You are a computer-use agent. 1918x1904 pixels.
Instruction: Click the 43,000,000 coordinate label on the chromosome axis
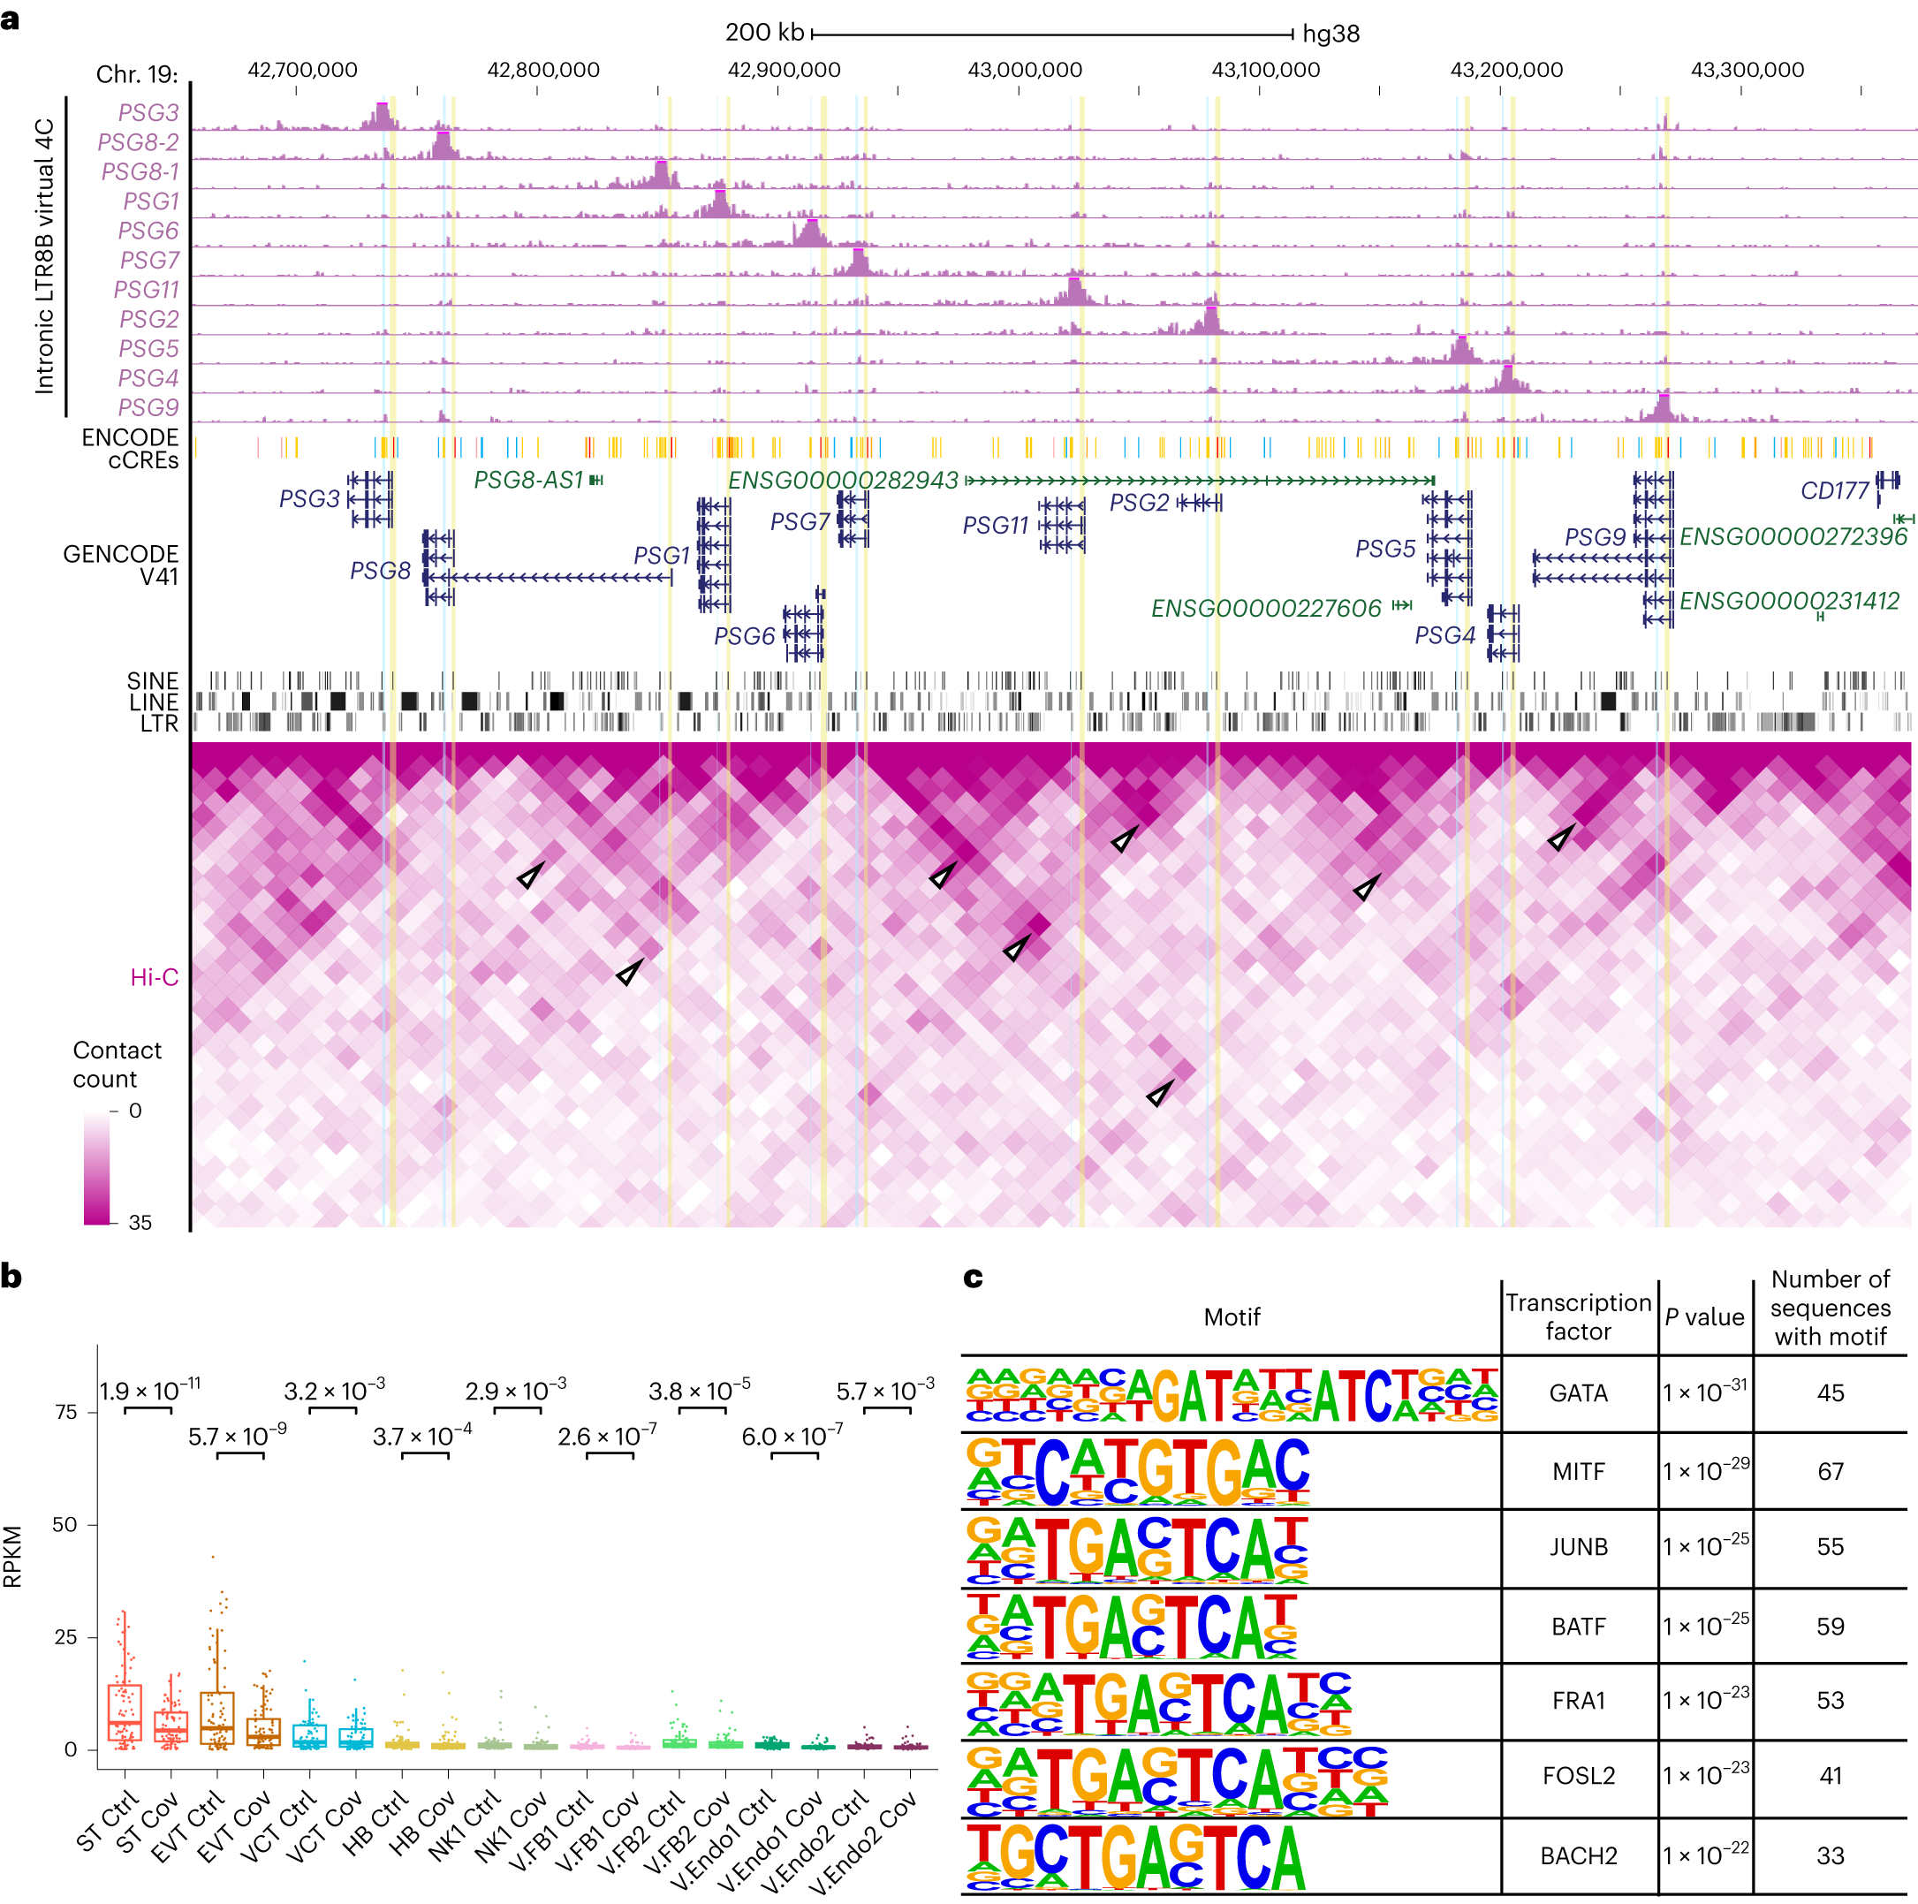pos(1025,70)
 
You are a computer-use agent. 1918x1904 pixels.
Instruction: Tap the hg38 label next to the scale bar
pos(1330,34)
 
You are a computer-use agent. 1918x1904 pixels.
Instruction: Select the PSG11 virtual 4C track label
pos(146,290)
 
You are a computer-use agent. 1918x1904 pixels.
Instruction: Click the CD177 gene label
pos(1833,490)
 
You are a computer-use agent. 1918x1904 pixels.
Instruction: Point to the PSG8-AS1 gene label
pos(528,481)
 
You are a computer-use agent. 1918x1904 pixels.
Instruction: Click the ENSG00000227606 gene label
pos(1266,609)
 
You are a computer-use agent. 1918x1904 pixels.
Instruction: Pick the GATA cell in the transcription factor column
pos(1578,1392)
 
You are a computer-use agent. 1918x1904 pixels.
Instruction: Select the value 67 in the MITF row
pos(1830,1471)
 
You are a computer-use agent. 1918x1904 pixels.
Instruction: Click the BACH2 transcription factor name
pos(1578,1855)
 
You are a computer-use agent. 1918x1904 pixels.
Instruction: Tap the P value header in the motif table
pos(1703,1317)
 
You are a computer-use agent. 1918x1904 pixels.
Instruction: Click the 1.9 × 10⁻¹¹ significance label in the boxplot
pos(150,1390)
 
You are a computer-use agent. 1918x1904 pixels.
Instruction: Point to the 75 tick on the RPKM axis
pos(65,1412)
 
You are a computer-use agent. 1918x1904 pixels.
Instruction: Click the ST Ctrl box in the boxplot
pos(124,1711)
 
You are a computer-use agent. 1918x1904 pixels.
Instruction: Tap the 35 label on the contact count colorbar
pos(140,1223)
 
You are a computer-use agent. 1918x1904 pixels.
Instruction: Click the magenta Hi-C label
pos(154,978)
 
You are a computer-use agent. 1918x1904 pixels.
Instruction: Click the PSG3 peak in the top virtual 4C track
pos(380,116)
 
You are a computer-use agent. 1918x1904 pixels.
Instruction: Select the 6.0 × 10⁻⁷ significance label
pos(792,1437)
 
